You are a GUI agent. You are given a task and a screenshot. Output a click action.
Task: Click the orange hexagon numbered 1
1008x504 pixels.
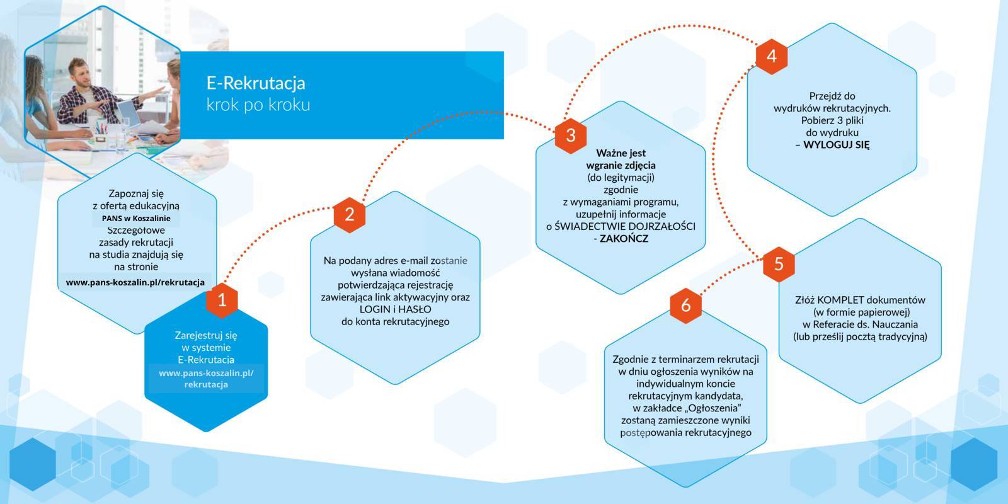[222, 300]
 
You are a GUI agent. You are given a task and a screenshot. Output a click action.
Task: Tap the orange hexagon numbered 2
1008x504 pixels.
[350, 214]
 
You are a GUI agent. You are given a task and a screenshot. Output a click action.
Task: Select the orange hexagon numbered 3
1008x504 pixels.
[571, 135]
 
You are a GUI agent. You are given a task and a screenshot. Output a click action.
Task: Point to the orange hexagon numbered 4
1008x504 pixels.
[772, 57]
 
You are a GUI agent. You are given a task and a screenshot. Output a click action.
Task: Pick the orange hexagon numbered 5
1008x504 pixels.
[779, 263]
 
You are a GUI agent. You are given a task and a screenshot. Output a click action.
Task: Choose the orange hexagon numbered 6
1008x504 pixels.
[685, 305]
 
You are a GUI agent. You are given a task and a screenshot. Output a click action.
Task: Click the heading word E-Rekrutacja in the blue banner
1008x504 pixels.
[256, 83]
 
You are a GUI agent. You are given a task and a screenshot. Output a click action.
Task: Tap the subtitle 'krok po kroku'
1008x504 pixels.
[258, 105]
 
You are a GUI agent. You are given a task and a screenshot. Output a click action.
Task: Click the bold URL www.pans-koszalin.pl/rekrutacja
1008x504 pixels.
[135, 282]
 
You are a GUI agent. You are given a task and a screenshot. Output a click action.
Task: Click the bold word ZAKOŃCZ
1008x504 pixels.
[624, 239]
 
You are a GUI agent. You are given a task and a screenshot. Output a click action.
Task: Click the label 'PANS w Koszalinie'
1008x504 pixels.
[136, 219]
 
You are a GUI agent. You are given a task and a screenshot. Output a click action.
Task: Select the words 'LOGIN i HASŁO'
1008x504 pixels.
[395, 309]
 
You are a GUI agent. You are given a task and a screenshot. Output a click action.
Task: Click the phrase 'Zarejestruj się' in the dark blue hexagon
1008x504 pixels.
[206, 335]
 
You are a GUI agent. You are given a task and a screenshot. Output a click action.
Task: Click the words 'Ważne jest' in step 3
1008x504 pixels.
[621, 153]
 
